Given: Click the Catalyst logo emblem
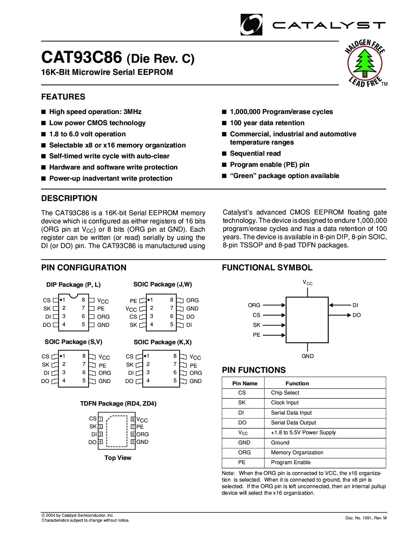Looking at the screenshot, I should point(251,25).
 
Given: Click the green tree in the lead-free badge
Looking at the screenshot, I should point(365,62).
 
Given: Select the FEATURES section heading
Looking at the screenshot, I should point(63,97).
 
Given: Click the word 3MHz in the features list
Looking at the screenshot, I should point(132,112).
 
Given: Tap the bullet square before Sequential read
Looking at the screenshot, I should point(224,153).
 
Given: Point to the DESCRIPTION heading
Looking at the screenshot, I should point(69,198).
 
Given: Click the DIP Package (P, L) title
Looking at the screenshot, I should point(73,285).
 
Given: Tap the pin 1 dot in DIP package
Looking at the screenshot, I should point(61,300).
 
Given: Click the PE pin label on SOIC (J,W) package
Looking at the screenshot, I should point(133,301).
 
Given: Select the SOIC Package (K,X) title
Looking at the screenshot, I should point(163,342).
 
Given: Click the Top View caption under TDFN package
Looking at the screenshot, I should point(118,458).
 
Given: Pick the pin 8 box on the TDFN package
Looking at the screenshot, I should point(133,419).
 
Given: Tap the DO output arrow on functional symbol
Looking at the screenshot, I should point(340,315).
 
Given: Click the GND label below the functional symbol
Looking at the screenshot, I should point(308,356).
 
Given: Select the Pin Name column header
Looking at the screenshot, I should point(245,383).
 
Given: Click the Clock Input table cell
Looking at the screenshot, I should point(285,403).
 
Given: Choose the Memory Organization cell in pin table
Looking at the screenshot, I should point(297,453).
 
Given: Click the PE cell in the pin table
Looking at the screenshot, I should point(242,463).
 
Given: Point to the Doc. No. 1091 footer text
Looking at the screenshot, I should point(366,518).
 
